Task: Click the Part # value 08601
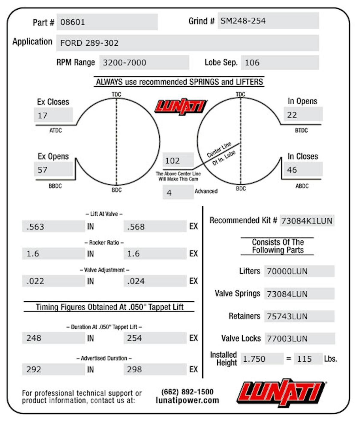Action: point(73,22)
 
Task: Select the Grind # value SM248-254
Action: point(243,21)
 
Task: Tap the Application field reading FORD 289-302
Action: point(89,43)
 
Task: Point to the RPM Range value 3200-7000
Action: point(124,62)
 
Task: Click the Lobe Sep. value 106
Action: point(252,62)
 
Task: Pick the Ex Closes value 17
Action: point(43,115)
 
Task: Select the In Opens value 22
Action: point(292,115)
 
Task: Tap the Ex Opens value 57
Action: point(43,170)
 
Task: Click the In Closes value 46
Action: point(292,170)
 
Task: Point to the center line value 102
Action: point(172,161)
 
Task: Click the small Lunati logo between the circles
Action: point(181,106)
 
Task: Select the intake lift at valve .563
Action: point(35,226)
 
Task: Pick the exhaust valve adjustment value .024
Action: point(136,281)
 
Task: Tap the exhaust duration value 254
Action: point(134,338)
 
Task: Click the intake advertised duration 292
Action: point(34,369)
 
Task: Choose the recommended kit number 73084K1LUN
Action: point(307,221)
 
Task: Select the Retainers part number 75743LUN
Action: point(287,316)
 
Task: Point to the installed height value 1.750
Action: point(254,359)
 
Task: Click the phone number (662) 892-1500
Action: point(187,392)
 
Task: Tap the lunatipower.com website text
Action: point(187,400)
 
